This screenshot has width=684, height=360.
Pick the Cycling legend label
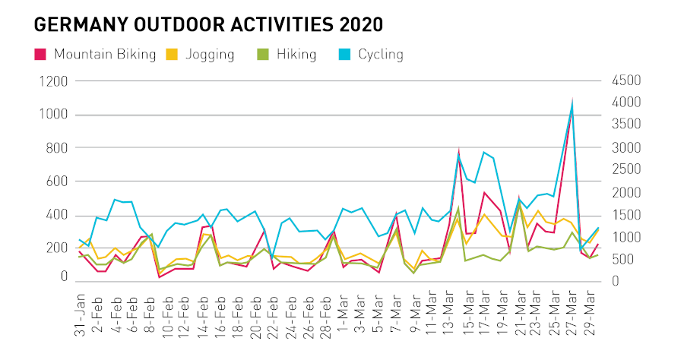[381, 55]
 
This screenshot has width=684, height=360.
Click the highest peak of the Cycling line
[572, 104]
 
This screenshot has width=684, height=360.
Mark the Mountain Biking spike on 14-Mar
[459, 150]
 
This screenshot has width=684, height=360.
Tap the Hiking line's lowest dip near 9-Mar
[415, 273]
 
